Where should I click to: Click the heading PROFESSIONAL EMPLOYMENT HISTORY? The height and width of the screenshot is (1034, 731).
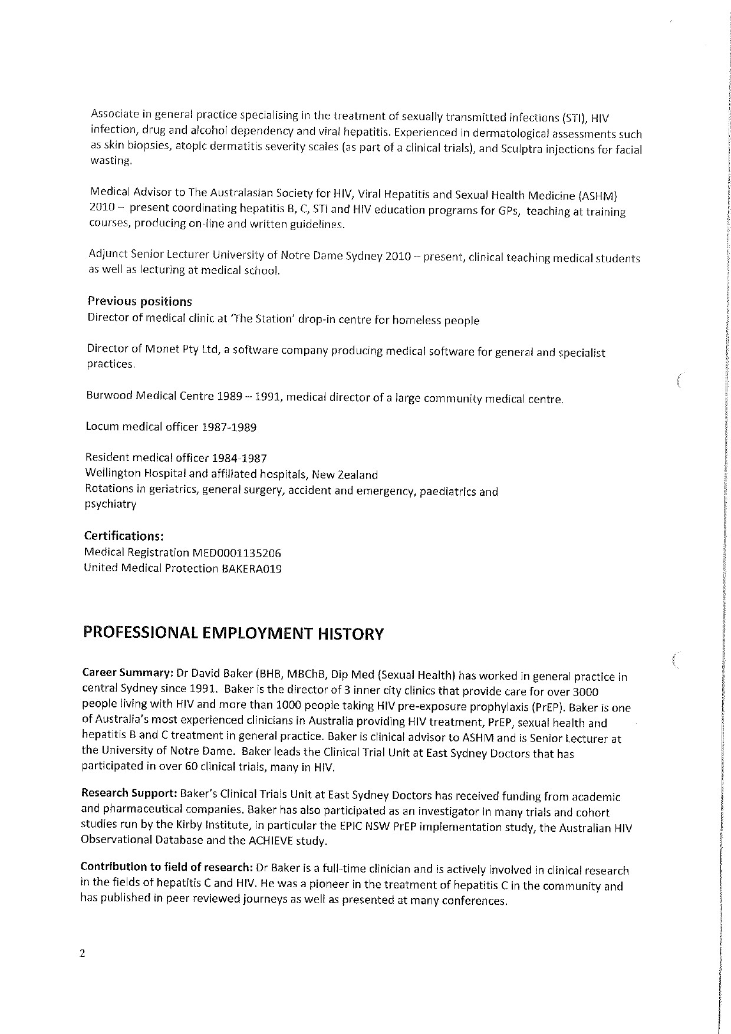pos(233,634)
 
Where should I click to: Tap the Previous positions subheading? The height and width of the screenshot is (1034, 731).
pos(140,302)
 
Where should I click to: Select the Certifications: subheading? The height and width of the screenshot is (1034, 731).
pos(123,536)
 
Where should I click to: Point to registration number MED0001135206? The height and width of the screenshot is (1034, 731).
pos(237,553)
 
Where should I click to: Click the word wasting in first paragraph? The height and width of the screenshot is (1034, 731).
pos(110,160)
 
